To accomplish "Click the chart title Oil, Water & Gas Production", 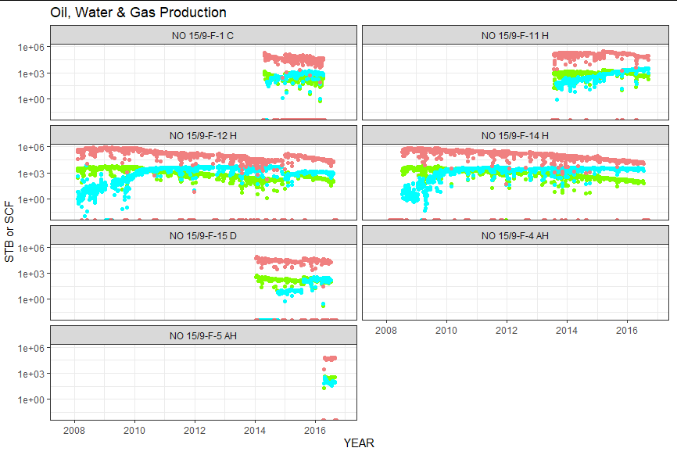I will pyautogui.click(x=138, y=13).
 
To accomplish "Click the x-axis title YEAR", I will pyautogui.click(x=359, y=443).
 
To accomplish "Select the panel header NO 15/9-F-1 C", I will pyautogui.click(x=203, y=35).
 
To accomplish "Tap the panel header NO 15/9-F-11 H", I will pyautogui.click(x=515, y=35).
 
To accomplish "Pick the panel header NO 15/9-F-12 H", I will pyautogui.click(x=203, y=135).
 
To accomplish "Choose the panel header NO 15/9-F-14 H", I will pyautogui.click(x=515, y=135).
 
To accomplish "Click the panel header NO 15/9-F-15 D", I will pyautogui.click(x=203, y=235).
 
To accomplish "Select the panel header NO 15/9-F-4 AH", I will pyautogui.click(x=515, y=235).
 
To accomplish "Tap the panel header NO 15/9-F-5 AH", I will pyautogui.click(x=203, y=335).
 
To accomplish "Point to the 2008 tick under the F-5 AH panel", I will pyautogui.click(x=74, y=430).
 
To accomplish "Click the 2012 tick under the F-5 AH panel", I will pyautogui.click(x=195, y=430).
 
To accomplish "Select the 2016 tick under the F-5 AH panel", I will pyautogui.click(x=314, y=430).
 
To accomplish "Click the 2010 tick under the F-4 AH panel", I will pyautogui.click(x=446, y=330).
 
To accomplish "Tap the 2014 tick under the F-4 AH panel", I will pyautogui.click(x=567, y=330).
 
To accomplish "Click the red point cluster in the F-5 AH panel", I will pyautogui.click(x=329, y=359).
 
